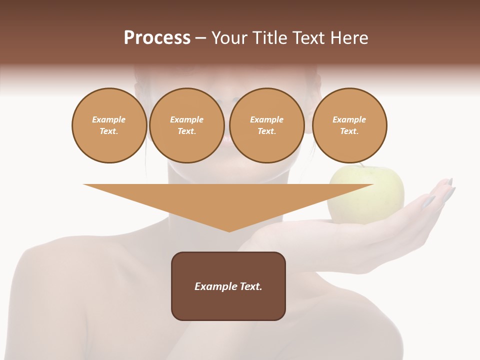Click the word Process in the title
(157, 38)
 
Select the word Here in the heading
(348, 38)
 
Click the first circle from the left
(109, 125)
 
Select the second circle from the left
(186, 125)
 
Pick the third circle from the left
(266, 125)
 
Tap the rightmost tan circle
(349, 125)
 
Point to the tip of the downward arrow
(229, 231)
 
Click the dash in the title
(200, 38)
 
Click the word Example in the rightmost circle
(349, 119)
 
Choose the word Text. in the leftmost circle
(109, 131)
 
